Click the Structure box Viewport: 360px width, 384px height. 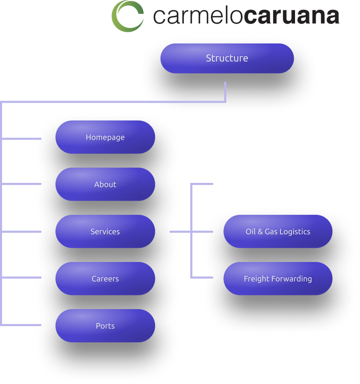click(227, 58)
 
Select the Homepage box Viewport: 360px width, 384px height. click(105, 137)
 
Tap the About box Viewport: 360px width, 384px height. click(105, 185)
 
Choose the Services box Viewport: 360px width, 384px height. click(105, 232)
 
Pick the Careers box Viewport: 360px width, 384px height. click(105, 279)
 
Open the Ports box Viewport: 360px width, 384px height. click(105, 326)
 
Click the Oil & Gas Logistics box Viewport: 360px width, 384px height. click(278, 232)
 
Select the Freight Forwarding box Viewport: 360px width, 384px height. click(278, 279)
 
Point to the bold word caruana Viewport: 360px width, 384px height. click(291, 17)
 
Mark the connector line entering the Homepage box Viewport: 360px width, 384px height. click(25, 138)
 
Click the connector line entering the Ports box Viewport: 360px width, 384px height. click(25, 325)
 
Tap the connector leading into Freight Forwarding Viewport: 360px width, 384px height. click(203, 278)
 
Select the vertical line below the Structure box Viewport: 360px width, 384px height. click(226, 91)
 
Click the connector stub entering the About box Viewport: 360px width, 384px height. click(25, 183)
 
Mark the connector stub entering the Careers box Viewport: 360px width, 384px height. click(25, 277)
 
